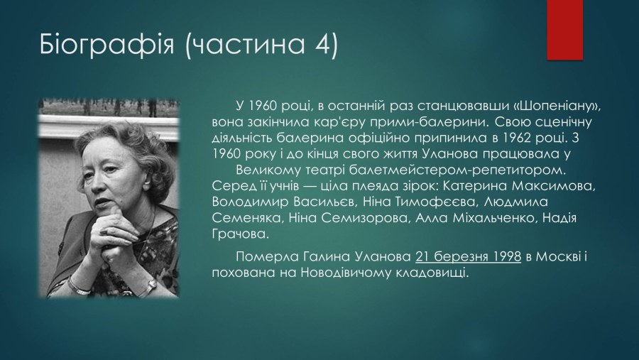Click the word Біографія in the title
click(x=107, y=45)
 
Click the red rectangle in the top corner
click(x=565, y=30)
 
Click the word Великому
click(x=268, y=170)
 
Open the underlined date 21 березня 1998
click(x=469, y=257)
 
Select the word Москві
click(x=557, y=257)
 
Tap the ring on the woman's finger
click(x=103, y=231)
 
